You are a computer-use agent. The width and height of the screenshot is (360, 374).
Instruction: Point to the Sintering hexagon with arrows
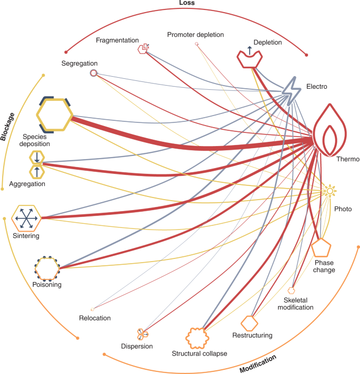tap(26, 217)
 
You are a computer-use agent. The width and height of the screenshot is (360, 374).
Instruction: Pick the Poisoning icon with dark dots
tap(47, 268)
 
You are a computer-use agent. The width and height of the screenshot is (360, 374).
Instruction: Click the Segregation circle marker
tap(93, 74)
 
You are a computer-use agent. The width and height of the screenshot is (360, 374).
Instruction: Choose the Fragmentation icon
tap(143, 49)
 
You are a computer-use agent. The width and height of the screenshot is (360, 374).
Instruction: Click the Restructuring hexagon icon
tap(250, 323)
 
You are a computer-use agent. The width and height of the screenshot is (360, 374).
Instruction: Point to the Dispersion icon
tap(142, 334)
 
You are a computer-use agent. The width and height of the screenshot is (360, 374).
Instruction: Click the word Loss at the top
tap(187, 3)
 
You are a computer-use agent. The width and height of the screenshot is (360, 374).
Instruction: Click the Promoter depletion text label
tap(196, 35)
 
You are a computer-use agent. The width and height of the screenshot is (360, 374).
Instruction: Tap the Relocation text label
tap(95, 318)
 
